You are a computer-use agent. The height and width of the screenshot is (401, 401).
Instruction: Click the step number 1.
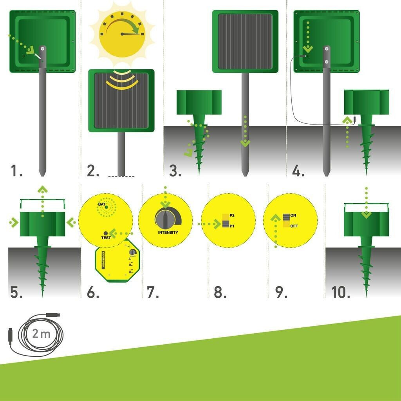[16, 171]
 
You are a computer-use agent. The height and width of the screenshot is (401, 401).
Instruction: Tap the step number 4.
[298, 171]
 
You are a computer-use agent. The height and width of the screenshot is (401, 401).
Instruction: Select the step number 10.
[340, 293]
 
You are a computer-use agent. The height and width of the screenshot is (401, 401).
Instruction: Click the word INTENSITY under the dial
[168, 233]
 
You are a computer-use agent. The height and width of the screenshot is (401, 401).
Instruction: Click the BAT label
[101, 204]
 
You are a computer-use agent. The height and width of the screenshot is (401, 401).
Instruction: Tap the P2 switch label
[232, 216]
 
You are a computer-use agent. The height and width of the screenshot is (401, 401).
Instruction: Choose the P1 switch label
[232, 226]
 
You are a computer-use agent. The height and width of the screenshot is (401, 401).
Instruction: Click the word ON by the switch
[293, 216]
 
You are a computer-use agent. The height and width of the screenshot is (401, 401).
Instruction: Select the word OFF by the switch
[294, 226]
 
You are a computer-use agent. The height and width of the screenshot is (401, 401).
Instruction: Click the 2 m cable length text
[41, 334]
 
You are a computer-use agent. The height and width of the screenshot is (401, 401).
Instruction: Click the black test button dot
[106, 233]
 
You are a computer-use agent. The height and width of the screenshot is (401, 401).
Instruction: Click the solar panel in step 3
[245, 42]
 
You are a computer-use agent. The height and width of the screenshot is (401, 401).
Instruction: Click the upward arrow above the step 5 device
[42, 190]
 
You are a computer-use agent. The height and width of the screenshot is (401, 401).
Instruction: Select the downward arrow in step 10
[366, 213]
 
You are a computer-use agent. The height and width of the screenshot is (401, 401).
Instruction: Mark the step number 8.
[220, 293]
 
